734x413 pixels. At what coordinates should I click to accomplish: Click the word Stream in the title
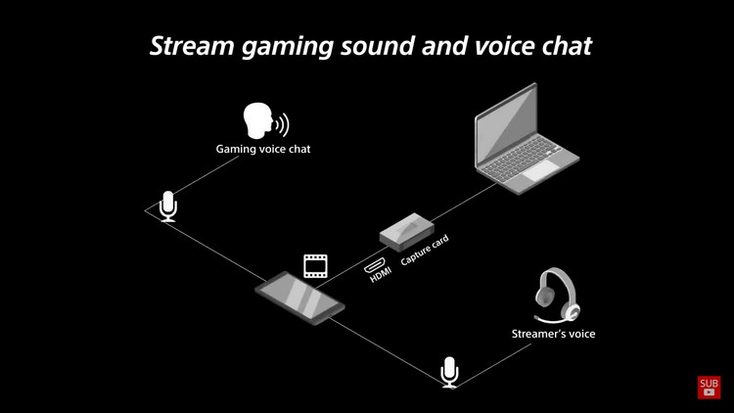[192, 46]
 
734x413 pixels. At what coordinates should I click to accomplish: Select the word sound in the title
[377, 46]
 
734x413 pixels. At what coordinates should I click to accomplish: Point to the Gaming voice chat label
[263, 149]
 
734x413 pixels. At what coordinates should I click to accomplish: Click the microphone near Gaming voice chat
[168, 206]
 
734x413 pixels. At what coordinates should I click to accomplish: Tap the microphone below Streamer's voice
[449, 372]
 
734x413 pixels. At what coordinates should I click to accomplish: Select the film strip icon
[315, 266]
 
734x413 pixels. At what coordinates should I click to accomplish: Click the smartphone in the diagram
[300, 298]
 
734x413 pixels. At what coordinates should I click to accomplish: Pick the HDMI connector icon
[375, 265]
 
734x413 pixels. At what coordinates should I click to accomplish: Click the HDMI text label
[380, 275]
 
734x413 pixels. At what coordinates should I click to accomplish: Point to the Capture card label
[425, 250]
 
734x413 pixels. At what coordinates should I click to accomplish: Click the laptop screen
[506, 124]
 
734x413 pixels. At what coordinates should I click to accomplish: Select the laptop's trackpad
[540, 171]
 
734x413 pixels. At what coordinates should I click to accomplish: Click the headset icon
[557, 295]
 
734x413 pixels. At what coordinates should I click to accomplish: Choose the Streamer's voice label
[553, 334]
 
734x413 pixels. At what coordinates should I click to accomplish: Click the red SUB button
[709, 388]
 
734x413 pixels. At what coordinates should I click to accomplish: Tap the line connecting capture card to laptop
[464, 203]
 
